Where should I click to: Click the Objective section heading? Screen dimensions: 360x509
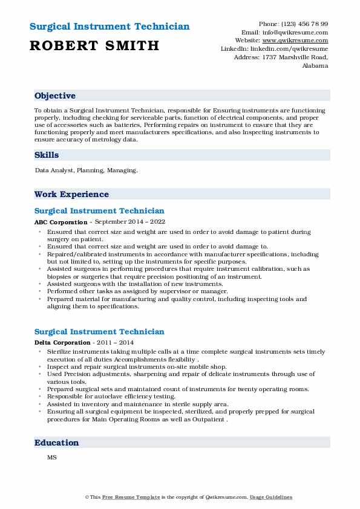55,96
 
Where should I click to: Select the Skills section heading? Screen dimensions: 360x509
47,155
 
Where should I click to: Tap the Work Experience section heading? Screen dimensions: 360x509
71,194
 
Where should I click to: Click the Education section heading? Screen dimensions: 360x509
57,443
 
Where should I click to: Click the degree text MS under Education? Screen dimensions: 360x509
51,457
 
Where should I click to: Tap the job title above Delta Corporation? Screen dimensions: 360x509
99,332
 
